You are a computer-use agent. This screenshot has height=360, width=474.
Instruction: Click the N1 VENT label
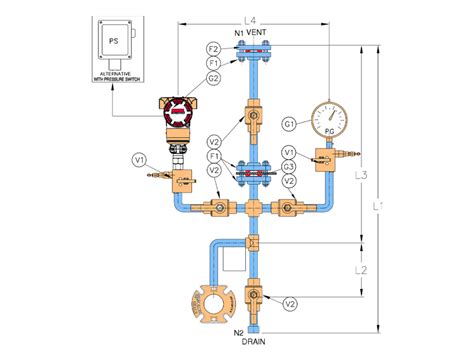point(252,33)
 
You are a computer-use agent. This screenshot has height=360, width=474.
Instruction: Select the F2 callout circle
point(214,48)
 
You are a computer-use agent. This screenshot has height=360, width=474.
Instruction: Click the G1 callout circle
point(287,124)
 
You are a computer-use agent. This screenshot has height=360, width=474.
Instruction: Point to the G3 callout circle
point(287,166)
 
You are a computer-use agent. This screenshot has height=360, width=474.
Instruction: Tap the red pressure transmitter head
point(178,108)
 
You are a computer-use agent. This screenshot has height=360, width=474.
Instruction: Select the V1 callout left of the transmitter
point(139,157)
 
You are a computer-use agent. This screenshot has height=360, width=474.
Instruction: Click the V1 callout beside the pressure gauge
point(287,152)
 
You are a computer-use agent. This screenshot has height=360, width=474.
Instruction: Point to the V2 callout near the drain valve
point(289,303)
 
